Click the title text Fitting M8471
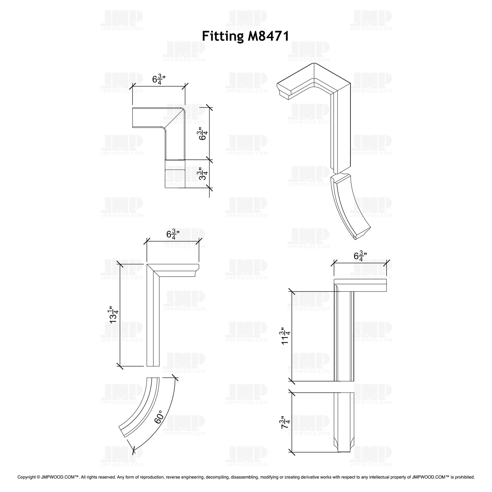[245, 36]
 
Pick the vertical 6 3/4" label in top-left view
[203, 134]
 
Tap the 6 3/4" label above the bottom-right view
[360, 256]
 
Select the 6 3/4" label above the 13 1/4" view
[173, 235]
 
